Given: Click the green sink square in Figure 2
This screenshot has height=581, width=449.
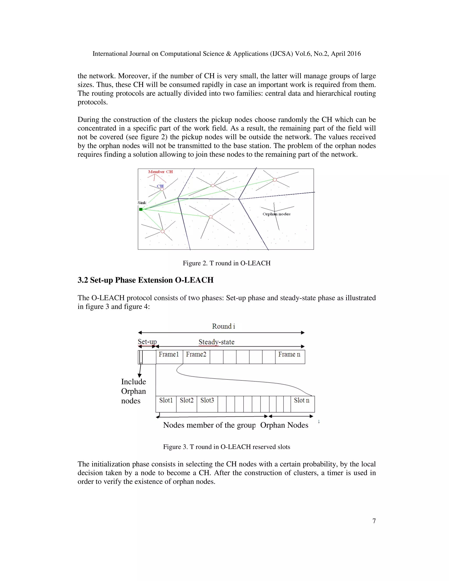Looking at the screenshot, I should [x=141, y=209].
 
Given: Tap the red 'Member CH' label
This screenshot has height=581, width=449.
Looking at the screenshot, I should [x=160, y=172].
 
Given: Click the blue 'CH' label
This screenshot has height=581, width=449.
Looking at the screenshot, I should [x=160, y=186].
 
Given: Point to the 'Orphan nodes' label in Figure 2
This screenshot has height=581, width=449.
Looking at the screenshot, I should [x=276, y=214].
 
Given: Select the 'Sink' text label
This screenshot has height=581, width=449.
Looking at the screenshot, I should [x=142, y=203].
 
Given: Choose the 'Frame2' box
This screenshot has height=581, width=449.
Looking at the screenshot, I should [x=196, y=357].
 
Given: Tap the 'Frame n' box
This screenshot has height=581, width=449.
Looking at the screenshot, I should [x=290, y=357].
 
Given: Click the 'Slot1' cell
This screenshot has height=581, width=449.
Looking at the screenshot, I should [x=166, y=404].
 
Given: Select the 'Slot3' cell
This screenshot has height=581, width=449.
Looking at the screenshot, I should [x=207, y=404].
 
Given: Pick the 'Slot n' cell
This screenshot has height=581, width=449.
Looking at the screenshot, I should [x=302, y=404].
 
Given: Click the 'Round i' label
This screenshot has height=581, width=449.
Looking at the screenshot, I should [x=223, y=326].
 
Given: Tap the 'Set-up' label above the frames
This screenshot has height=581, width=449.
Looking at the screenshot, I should [x=147, y=342].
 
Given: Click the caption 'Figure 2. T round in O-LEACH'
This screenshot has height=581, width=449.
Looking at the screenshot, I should [x=226, y=263].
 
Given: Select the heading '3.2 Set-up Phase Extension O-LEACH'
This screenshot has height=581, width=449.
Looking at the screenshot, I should [x=146, y=280].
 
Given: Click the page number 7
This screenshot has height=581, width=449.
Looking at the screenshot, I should [x=374, y=521].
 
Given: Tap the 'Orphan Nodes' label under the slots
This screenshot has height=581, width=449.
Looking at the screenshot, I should [x=284, y=425].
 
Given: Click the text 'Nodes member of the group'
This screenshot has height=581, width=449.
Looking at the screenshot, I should [x=209, y=425].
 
